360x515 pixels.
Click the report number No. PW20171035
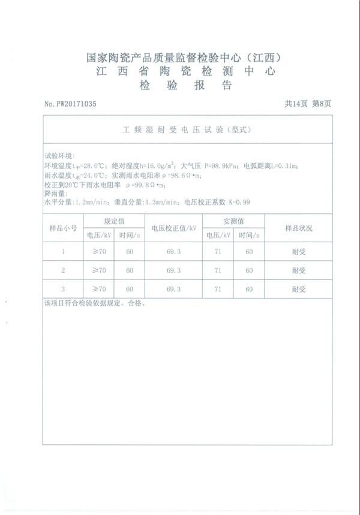[70, 104]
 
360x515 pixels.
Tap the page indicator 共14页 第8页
[308, 104]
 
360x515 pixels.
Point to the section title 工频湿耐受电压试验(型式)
[185, 129]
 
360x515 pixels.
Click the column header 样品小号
[62, 228]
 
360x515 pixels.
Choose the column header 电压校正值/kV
[173, 228]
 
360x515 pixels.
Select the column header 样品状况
[298, 228]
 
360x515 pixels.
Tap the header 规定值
[113, 221]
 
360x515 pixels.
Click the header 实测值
[233, 221]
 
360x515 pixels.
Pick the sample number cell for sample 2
[63, 270]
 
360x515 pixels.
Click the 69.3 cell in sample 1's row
[173, 252]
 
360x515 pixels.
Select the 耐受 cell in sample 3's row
[298, 289]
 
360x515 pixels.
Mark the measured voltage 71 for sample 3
[218, 289]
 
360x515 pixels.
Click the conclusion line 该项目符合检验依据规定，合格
[95, 303]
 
